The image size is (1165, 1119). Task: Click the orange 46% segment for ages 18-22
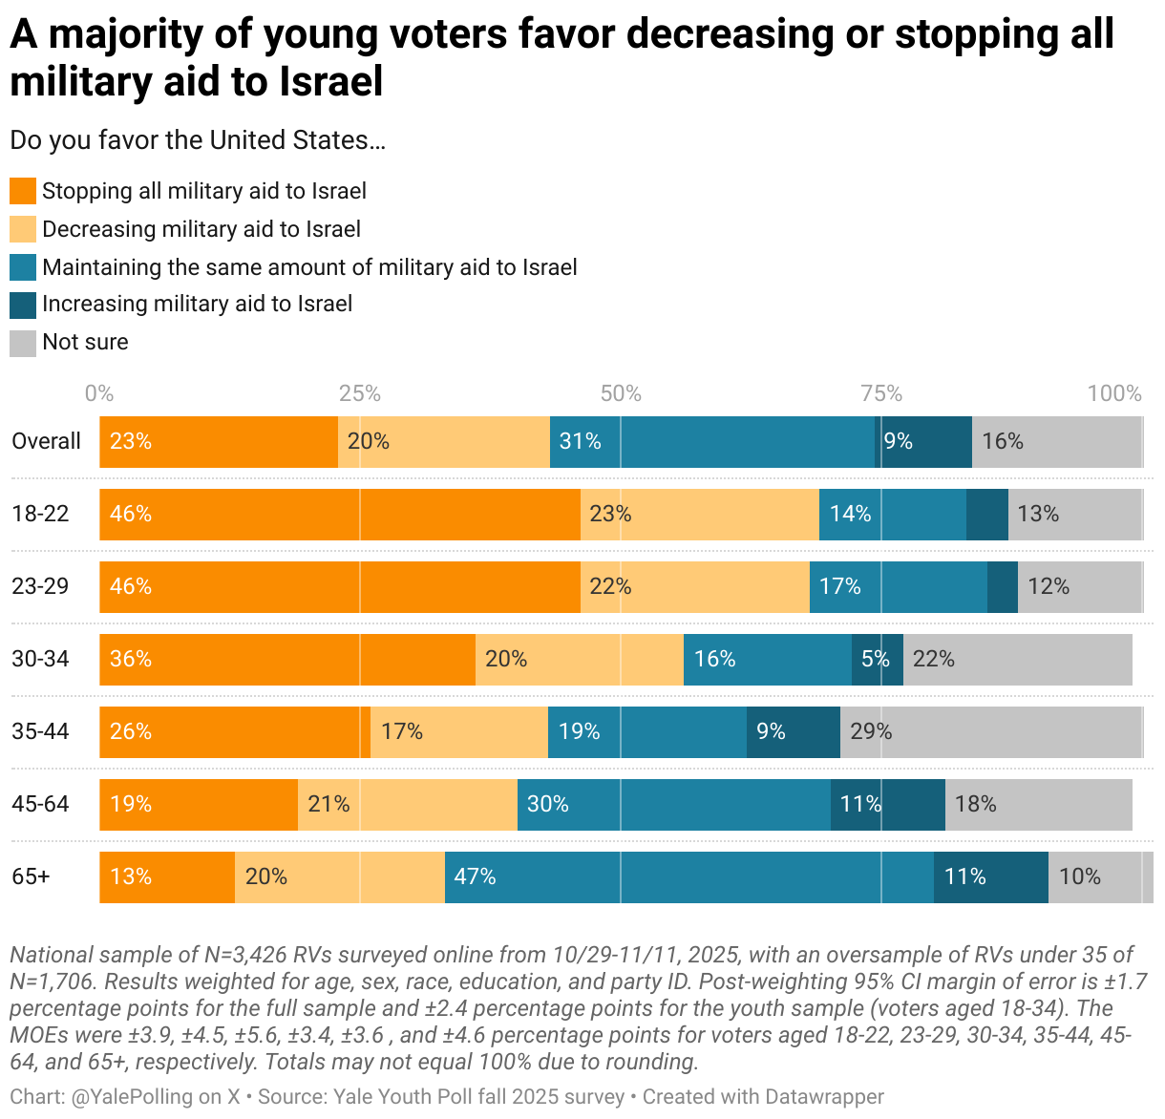(x=340, y=515)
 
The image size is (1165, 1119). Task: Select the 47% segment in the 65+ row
(x=688, y=876)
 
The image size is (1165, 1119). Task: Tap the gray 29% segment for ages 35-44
(x=990, y=731)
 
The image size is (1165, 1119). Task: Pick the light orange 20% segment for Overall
(x=443, y=442)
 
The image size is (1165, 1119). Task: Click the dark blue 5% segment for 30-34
(x=877, y=659)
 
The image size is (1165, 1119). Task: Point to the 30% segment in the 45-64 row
(x=673, y=804)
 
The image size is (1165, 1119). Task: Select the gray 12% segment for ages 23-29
(x=1079, y=586)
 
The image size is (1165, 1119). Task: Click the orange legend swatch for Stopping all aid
(x=23, y=191)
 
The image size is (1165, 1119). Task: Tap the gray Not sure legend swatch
(x=23, y=343)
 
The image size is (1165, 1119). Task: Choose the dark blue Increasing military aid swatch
(x=23, y=305)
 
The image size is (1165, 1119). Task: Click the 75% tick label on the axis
(x=881, y=393)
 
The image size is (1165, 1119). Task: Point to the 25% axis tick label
(x=360, y=393)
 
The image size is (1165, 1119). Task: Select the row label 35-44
(x=40, y=731)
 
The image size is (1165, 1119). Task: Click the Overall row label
(x=46, y=441)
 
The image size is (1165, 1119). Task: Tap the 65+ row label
(x=31, y=876)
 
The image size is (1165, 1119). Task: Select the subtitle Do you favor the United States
(x=198, y=140)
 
